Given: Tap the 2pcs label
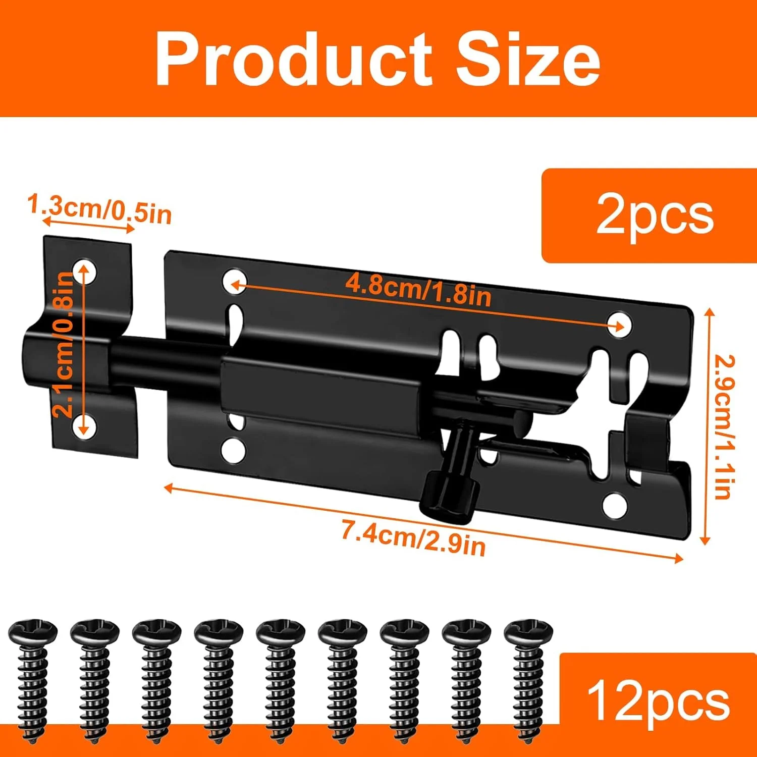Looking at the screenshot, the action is click(655, 216).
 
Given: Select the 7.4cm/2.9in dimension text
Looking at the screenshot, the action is click(413, 538).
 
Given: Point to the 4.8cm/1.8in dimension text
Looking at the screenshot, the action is click(418, 291).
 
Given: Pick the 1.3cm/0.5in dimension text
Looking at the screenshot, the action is click(99, 208).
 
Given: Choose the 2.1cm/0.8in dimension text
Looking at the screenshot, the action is click(64, 344).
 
